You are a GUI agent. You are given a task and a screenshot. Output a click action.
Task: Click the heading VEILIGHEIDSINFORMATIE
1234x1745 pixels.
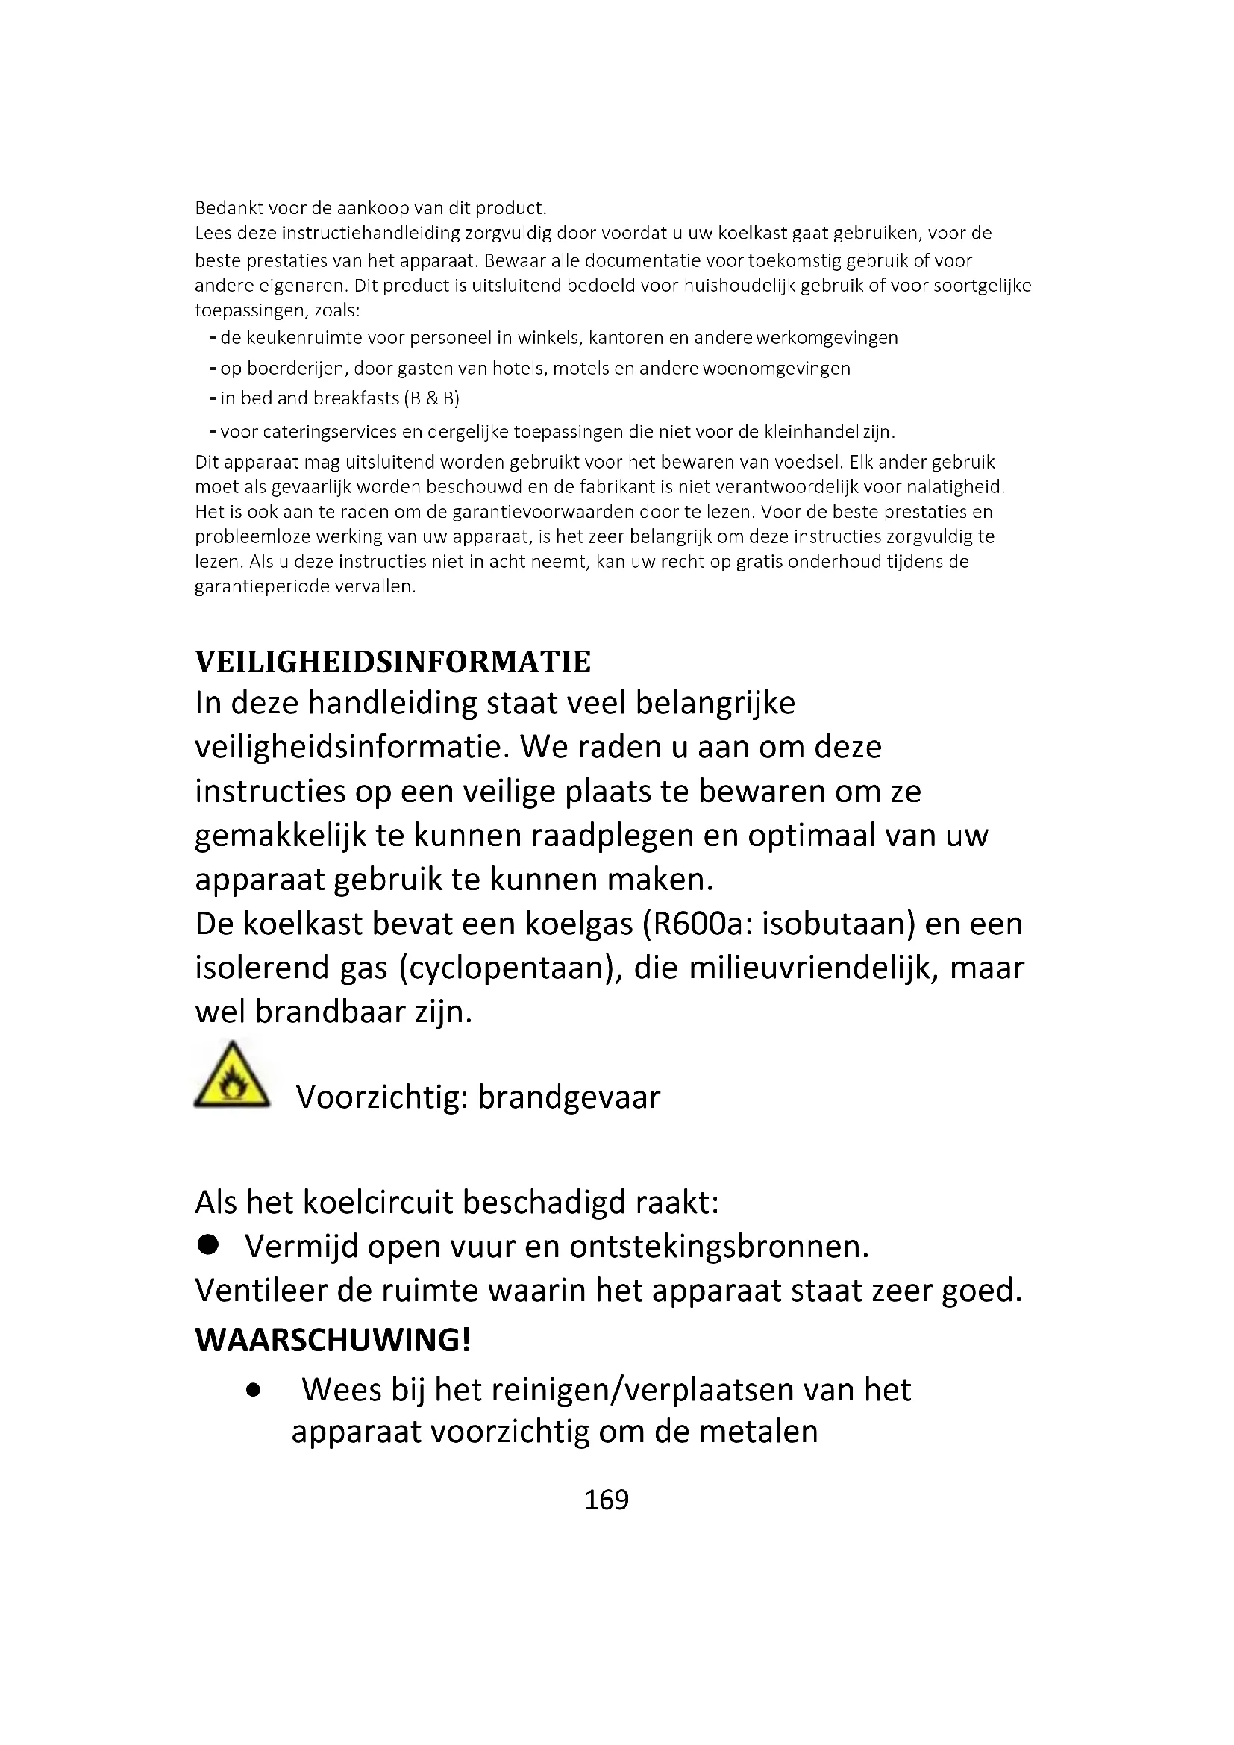393,662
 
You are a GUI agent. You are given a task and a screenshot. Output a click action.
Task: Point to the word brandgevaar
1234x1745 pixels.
569,1097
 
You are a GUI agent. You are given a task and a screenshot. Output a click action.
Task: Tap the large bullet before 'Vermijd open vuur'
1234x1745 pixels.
207,1245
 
